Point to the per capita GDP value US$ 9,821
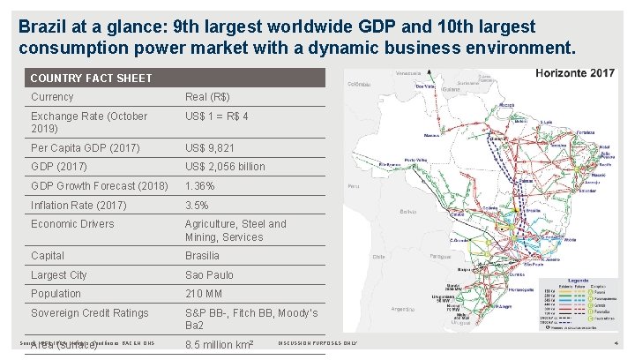(x=210, y=147)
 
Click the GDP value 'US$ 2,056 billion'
(x=224, y=167)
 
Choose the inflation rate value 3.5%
(x=198, y=206)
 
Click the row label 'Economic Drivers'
(x=72, y=224)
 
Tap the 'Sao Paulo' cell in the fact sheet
(x=209, y=275)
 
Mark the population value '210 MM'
(x=204, y=294)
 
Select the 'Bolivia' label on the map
(x=407, y=212)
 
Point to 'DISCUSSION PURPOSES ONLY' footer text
(x=317, y=343)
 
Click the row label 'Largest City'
(x=59, y=275)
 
